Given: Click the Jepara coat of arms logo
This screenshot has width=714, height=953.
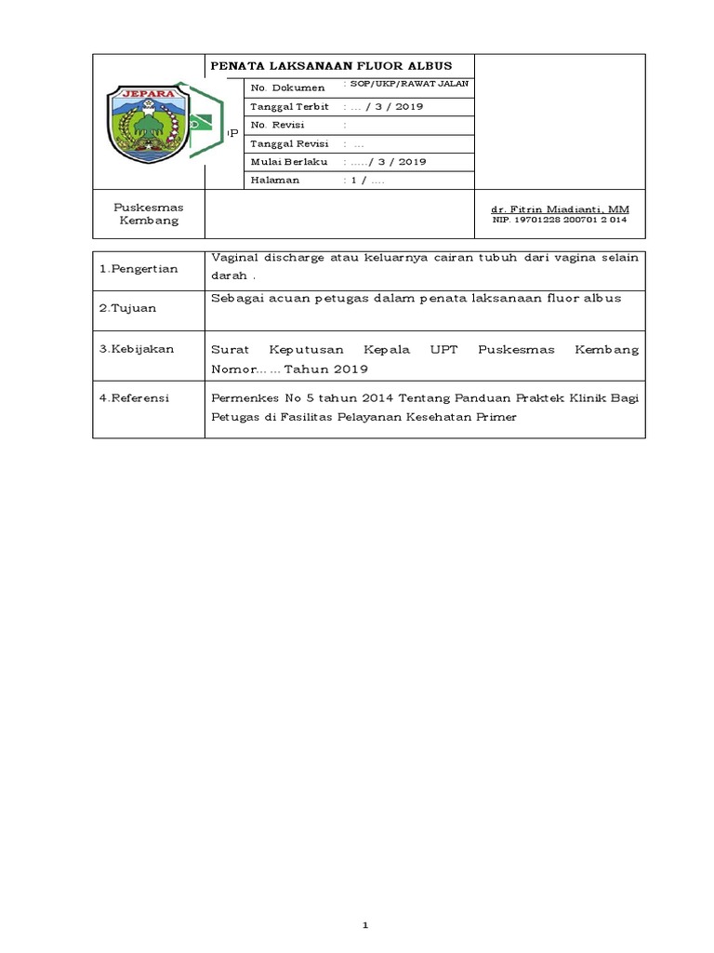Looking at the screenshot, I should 148,122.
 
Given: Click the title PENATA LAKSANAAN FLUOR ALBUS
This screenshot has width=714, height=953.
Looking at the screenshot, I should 331,66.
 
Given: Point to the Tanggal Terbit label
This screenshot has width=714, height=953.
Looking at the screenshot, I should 284,106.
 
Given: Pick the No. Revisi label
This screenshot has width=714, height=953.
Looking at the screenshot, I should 278,125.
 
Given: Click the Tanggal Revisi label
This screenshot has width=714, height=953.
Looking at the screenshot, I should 284,143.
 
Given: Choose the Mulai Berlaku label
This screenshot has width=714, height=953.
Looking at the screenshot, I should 284,161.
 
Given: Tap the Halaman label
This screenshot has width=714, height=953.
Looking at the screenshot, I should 274,180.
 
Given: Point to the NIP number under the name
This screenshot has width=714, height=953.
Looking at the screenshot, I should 560,221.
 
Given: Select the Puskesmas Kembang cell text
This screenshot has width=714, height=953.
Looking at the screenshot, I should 148,214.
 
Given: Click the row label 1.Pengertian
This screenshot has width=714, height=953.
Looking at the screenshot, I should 139,268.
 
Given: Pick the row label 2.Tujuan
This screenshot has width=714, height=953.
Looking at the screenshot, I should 128,308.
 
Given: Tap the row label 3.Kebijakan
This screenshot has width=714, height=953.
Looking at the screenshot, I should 137,349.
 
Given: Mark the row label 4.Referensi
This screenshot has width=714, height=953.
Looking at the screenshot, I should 136,397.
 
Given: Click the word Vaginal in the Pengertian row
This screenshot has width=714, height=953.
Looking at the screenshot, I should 236,258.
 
